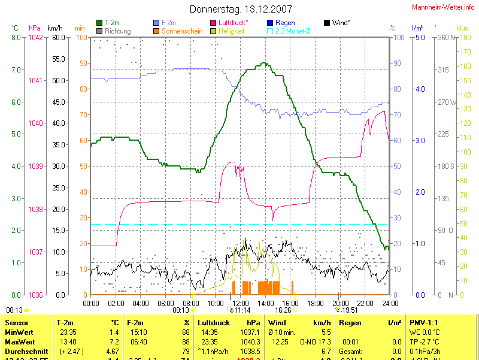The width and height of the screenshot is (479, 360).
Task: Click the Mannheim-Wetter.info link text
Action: coord(443,7)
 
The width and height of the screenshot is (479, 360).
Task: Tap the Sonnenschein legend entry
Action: coord(182,31)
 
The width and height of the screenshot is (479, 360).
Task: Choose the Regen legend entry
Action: coord(285,23)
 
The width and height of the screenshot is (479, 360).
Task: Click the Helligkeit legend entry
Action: coord(232,31)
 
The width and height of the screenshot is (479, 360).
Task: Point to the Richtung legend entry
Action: coord(117,31)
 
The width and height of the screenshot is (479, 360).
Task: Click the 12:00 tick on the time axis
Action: coord(240,304)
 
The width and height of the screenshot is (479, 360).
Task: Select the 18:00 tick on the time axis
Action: coord(315,304)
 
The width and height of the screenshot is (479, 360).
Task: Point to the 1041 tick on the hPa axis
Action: coord(36,80)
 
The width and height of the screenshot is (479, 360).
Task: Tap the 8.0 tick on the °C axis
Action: coord(16,38)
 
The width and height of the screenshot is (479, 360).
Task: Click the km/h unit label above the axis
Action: coord(54,28)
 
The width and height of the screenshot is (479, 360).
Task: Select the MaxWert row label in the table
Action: coord(20,341)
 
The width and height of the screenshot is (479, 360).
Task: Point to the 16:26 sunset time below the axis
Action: coord(283,310)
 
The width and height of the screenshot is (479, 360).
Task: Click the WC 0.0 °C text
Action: coord(425,332)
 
